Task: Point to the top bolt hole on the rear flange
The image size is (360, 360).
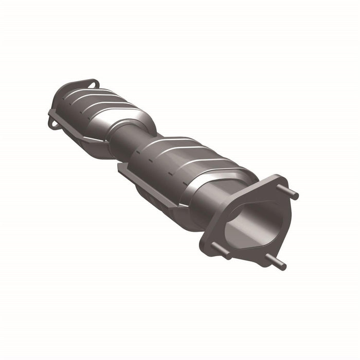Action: coord(93,82)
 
